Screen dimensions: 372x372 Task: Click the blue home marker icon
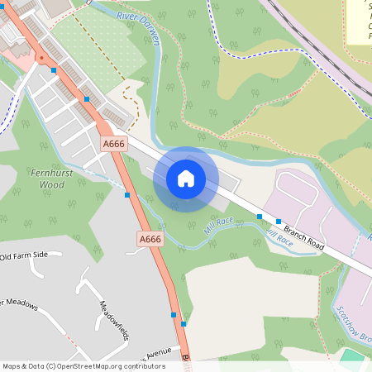coord(186,179)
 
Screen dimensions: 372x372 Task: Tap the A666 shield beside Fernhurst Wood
coord(113,144)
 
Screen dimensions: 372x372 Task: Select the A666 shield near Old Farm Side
coord(150,239)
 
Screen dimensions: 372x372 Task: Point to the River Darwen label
coord(138,17)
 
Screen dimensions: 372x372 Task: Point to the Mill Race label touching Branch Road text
coord(279,238)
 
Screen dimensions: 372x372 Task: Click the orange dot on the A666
coord(41,58)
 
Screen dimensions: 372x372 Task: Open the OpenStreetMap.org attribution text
coord(83,366)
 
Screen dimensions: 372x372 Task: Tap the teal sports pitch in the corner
coord(353,357)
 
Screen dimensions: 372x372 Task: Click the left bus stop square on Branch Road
coord(260,217)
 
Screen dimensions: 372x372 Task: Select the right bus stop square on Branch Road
coord(279,222)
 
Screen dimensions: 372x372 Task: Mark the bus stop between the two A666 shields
coord(127,195)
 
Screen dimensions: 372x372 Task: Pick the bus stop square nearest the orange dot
coord(54,71)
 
